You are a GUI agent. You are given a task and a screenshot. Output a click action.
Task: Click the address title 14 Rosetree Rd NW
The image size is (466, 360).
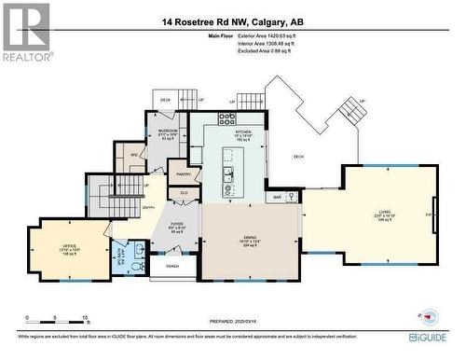(232, 21)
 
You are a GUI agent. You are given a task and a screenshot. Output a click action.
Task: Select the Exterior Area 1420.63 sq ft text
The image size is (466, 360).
(271, 35)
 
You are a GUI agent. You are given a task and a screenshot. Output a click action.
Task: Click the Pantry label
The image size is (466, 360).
(184, 173)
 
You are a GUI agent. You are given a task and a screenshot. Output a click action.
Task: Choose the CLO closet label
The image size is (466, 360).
(185, 192)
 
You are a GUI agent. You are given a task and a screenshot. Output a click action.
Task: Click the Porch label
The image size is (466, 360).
(172, 266)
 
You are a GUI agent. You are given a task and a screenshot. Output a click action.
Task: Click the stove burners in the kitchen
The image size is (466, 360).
(226, 118)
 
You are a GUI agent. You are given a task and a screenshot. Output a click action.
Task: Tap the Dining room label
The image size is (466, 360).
(250, 238)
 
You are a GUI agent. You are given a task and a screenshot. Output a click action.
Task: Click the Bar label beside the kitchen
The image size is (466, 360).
(277, 197)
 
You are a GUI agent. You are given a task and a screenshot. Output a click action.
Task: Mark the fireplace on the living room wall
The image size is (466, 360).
(433, 215)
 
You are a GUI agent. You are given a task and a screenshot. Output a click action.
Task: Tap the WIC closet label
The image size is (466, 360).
(134, 155)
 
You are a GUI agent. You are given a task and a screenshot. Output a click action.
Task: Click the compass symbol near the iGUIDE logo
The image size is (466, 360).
(430, 317)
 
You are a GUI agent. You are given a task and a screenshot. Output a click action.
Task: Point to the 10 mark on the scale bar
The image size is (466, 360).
(86, 318)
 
